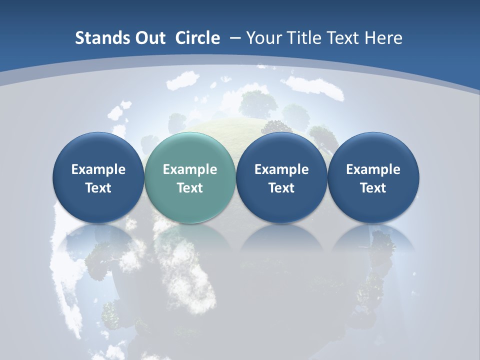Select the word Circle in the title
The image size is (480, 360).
[x=197, y=38]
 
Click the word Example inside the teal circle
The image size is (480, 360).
[x=190, y=169]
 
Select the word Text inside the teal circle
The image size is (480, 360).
[x=190, y=188]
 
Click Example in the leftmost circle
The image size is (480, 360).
[x=98, y=169]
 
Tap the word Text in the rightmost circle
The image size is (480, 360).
[x=373, y=188]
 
